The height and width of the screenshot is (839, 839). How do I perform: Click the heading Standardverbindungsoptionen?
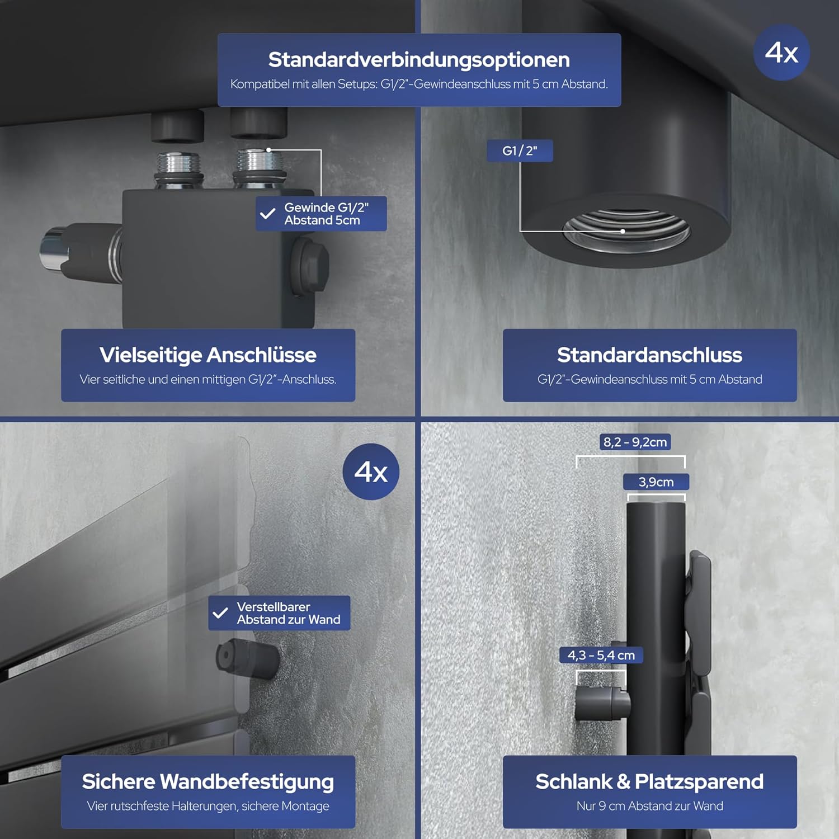pyautogui.click(x=419, y=59)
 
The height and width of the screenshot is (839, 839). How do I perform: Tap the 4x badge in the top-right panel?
pyautogui.click(x=781, y=52)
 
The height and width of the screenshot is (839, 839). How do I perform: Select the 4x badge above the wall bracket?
pyautogui.click(x=371, y=472)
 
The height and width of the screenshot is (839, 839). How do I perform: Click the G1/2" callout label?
pyautogui.click(x=520, y=150)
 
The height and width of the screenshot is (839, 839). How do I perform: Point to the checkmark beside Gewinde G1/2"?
pyautogui.click(x=268, y=214)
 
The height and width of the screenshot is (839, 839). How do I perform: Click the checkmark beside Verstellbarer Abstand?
pyautogui.click(x=220, y=613)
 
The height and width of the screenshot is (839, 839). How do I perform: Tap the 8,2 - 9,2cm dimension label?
pyautogui.click(x=635, y=442)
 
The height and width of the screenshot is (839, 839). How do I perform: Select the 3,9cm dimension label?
pyautogui.click(x=656, y=482)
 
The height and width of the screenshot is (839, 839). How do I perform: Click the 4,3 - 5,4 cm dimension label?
pyautogui.click(x=601, y=655)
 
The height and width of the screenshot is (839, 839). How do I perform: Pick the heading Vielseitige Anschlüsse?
pyautogui.click(x=208, y=355)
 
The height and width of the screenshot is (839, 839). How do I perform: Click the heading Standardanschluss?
pyautogui.click(x=649, y=355)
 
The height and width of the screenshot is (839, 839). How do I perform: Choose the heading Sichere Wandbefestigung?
pyautogui.click(x=208, y=782)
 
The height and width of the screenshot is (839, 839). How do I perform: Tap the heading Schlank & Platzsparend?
pyautogui.click(x=649, y=781)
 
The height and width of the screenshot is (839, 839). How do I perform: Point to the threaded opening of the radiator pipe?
pyautogui.click(x=626, y=230)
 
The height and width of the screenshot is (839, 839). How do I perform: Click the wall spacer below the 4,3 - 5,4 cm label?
pyautogui.click(x=602, y=703)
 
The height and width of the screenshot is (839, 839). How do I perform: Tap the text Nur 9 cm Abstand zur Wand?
pyautogui.click(x=649, y=806)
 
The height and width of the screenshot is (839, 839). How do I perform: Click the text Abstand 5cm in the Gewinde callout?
pyautogui.click(x=322, y=220)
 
